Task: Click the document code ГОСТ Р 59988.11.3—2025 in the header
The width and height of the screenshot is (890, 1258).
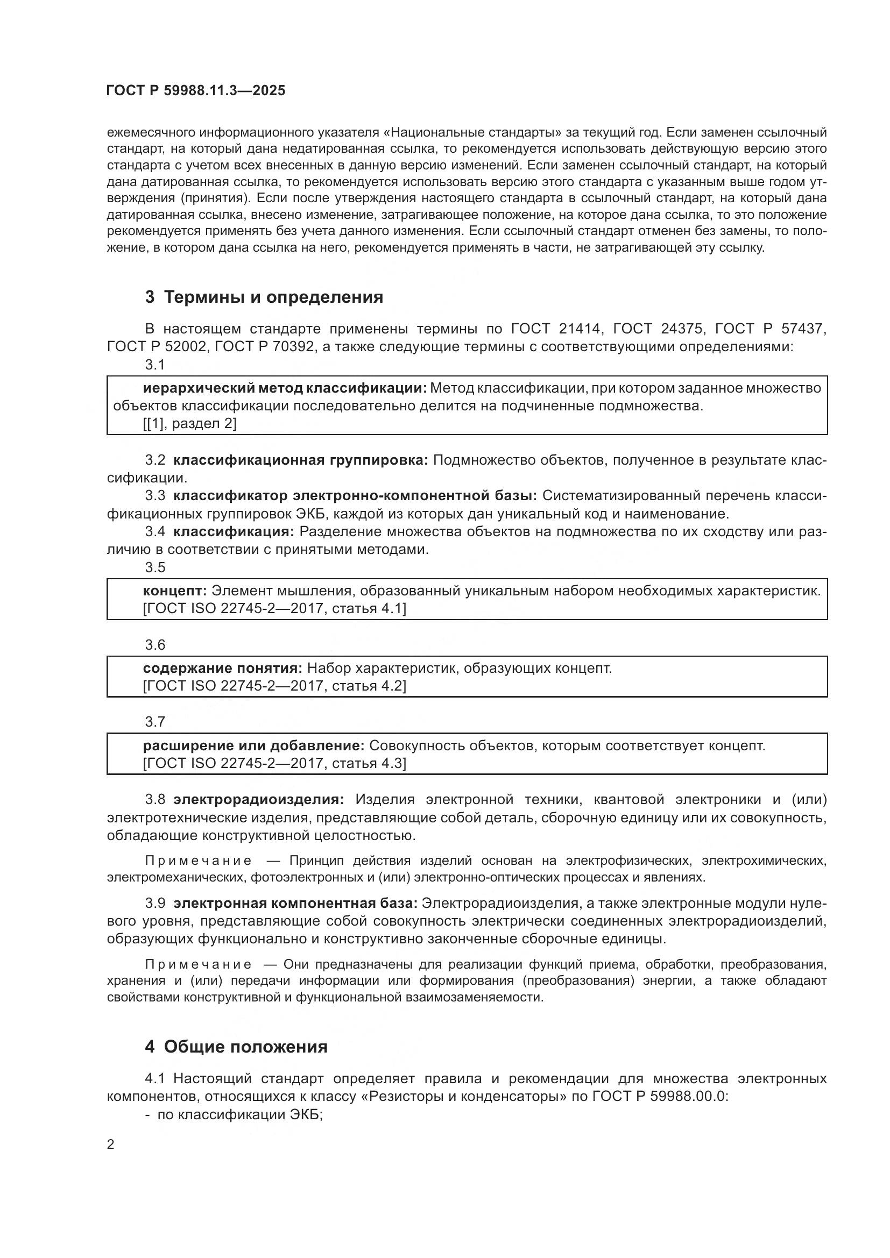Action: pos(196,90)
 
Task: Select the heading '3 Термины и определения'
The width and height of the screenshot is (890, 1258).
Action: pos(264,297)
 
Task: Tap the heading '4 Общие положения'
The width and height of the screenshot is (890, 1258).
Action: pos(236,1047)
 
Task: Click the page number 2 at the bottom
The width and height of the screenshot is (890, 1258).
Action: pos(111,1145)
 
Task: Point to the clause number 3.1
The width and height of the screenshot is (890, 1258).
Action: pos(155,365)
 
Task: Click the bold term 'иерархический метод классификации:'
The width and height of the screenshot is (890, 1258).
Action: pos(285,388)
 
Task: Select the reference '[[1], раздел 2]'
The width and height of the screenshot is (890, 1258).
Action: pos(189,423)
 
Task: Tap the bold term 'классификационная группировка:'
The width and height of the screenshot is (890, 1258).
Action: pos(300,460)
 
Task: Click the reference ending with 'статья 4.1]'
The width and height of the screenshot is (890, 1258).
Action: pos(274,609)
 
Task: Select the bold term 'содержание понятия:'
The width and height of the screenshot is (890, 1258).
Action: pos(223,669)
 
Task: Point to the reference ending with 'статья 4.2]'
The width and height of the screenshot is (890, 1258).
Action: pos(274,686)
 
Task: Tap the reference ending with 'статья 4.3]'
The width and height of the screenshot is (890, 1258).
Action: pos(274,763)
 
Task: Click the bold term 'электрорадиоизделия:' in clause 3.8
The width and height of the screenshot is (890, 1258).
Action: pos(259,800)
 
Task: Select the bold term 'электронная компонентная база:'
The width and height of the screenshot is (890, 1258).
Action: pos(295,903)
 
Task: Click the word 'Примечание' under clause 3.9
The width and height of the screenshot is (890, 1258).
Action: pos(199,964)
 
